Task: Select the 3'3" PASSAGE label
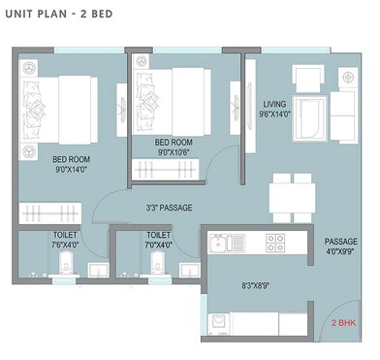[x=171, y=208]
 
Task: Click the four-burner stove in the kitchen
[x=275, y=242]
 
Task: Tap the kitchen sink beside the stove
[x=220, y=242]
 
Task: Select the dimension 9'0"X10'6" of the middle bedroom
[x=174, y=151]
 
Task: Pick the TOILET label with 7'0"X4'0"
[x=158, y=241]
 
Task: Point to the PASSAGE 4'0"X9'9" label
[x=340, y=246]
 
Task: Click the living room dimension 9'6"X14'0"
[x=276, y=113]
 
